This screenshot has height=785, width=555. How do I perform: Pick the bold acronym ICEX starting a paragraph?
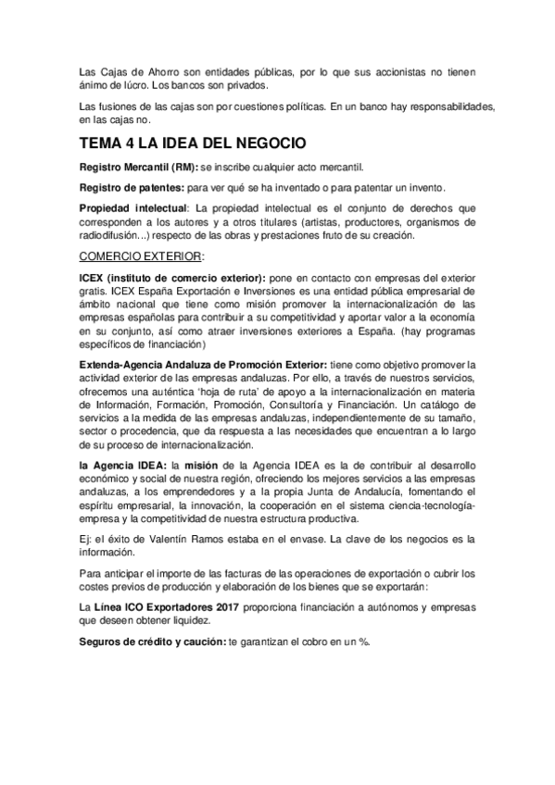[94, 278]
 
